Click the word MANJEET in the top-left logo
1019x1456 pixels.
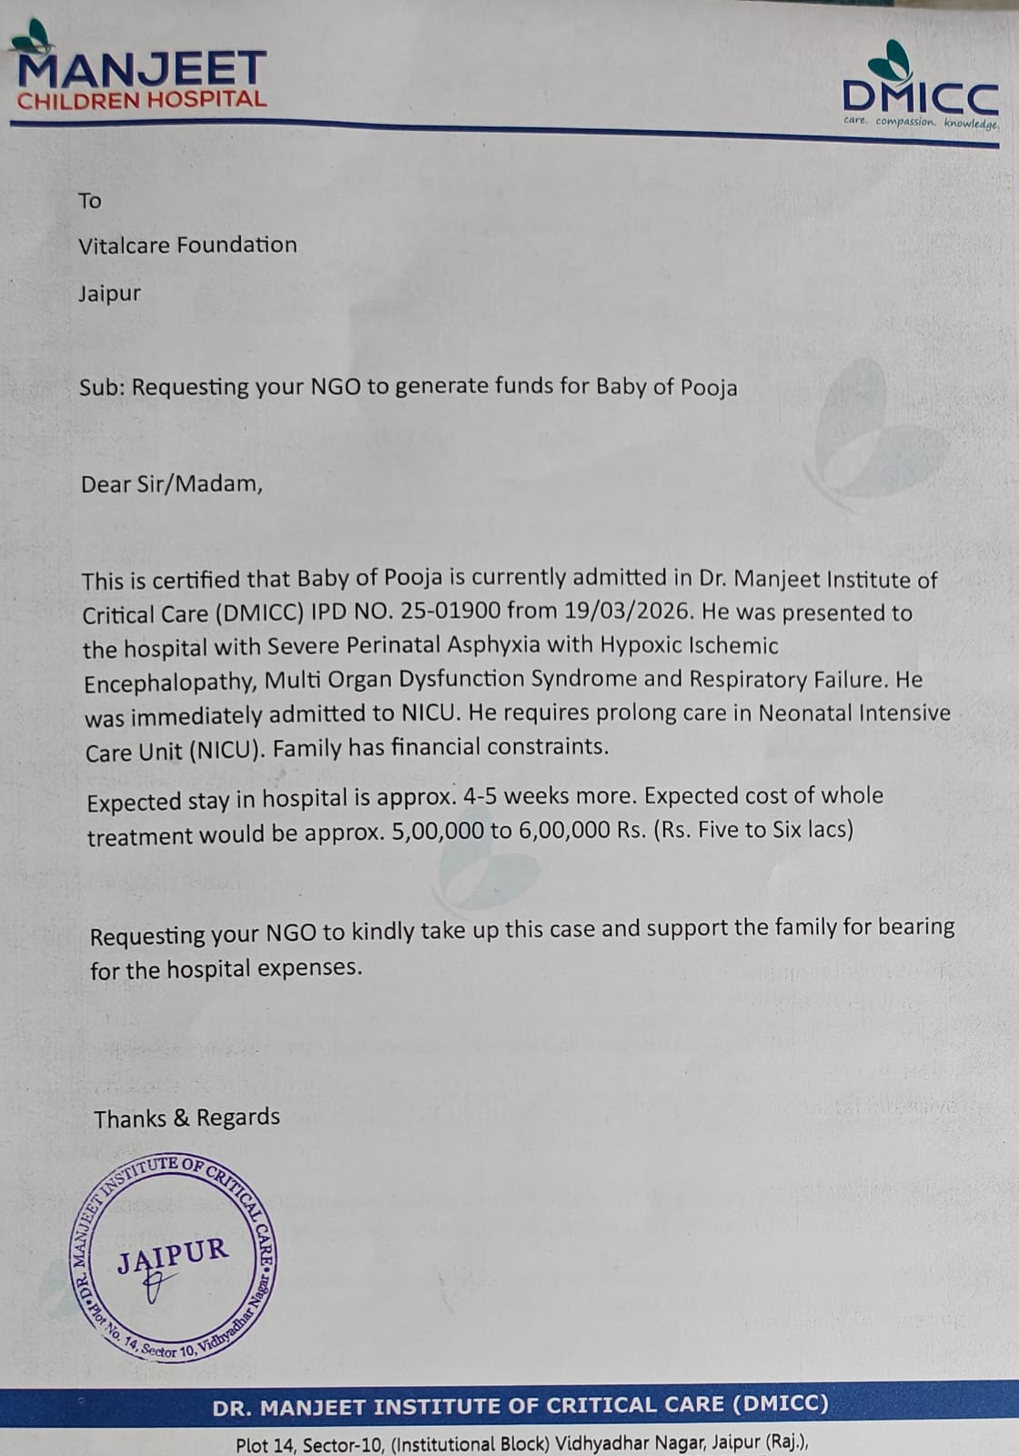(x=142, y=69)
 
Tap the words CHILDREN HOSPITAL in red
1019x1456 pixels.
(x=142, y=100)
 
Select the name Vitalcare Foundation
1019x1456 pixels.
(x=187, y=245)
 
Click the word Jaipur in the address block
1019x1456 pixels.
(x=109, y=294)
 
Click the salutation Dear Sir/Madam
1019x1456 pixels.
(x=171, y=483)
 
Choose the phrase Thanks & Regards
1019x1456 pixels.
(x=187, y=1117)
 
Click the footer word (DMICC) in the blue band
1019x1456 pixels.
(x=780, y=1404)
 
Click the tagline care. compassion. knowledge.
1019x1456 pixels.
(x=920, y=122)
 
